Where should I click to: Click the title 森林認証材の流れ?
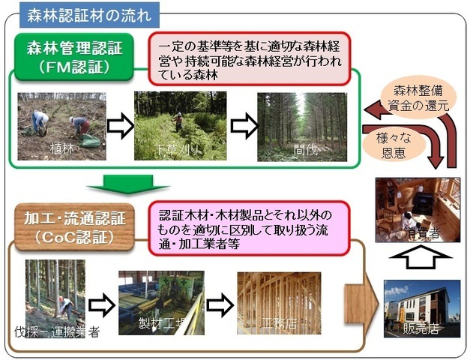pyautogui.click(x=89, y=13)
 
